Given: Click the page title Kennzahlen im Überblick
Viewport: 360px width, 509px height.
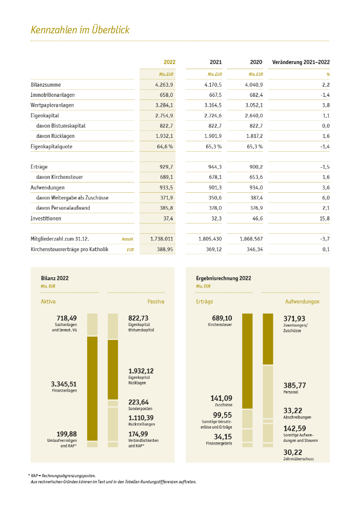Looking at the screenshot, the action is pyautogui.click(x=80, y=30).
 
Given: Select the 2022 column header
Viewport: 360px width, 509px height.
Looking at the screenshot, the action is pyautogui.click(x=169, y=62).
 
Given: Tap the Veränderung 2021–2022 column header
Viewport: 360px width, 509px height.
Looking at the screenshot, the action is pyautogui.click(x=301, y=62).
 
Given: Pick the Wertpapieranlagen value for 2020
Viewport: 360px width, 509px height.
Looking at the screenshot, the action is pyautogui.click(x=254, y=105).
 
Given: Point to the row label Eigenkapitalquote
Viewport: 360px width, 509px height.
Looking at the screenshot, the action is pyautogui.click(x=51, y=147).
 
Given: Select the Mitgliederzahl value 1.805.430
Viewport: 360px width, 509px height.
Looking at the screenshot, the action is pyautogui.click(x=210, y=239).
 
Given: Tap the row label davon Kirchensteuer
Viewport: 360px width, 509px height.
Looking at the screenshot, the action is pyautogui.click(x=59, y=177).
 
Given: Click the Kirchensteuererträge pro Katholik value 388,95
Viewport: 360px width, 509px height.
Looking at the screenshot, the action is pyautogui.click(x=165, y=249).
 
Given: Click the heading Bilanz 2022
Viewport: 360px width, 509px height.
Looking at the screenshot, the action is pyautogui.click(x=54, y=278).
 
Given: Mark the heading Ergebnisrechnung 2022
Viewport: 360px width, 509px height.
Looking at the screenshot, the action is pyautogui.click(x=224, y=278).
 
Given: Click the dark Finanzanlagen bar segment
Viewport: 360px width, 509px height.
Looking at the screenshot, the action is pyautogui.click(x=92, y=388).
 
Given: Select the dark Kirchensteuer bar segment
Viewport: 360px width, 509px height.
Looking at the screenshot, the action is pyautogui.click(x=248, y=361).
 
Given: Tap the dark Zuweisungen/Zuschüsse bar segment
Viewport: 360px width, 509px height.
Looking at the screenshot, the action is pyautogui.click(x=268, y=339).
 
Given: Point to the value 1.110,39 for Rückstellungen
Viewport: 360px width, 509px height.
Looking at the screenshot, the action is pyautogui.click(x=141, y=418).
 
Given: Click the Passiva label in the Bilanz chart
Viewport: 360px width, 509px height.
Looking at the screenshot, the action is pyautogui.click(x=155, y=301).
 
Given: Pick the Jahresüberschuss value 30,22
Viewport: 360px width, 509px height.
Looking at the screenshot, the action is pyautogui.click(x=293, y=452).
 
